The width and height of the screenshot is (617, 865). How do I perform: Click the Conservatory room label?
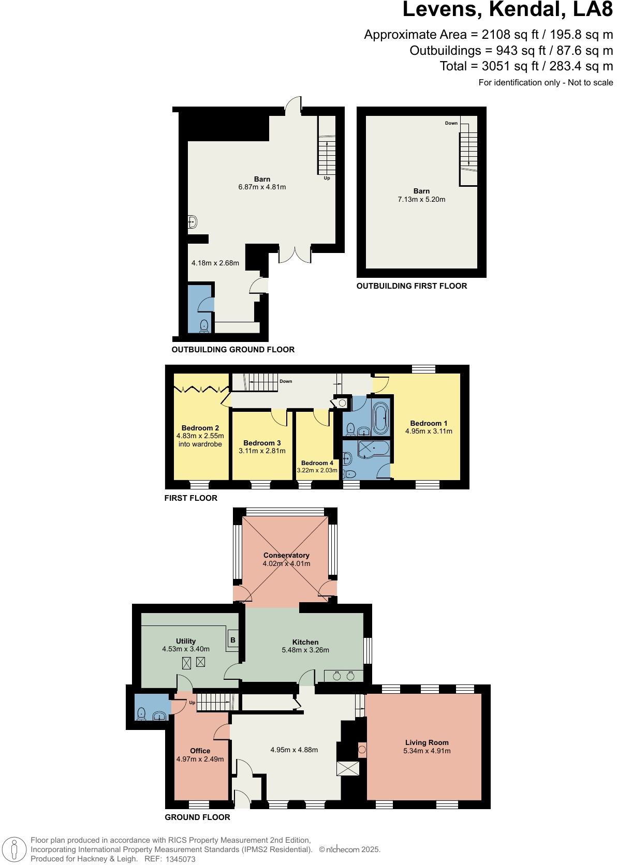pos(286,555)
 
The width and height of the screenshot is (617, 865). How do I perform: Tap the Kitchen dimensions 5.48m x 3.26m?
pos(305,650)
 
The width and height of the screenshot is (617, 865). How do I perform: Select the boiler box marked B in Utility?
pos(233,640)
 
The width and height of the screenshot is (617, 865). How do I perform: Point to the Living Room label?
pos(427,742)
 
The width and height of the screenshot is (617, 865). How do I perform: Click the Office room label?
pos(200,751)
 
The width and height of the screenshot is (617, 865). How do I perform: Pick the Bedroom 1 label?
pos(429,423)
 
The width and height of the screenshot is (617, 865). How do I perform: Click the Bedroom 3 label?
pos(262,443)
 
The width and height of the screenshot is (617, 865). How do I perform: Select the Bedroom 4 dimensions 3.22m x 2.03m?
pos(317,471)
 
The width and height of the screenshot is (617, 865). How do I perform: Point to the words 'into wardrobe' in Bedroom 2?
pos(200,444)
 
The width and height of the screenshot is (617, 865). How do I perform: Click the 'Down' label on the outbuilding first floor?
pos(451,123)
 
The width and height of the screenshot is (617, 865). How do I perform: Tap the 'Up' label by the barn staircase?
pos(327,178)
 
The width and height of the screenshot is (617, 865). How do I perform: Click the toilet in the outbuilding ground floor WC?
pos(204,325)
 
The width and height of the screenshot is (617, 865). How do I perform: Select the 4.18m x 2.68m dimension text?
pos(215,263)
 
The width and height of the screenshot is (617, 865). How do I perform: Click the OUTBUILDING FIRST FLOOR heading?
pos(412,286)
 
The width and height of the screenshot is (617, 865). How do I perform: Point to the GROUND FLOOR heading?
pos(197,817)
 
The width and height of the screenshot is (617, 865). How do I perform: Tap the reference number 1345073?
pos(180,859)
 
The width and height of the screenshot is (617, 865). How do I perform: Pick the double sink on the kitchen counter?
pos(344,676)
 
